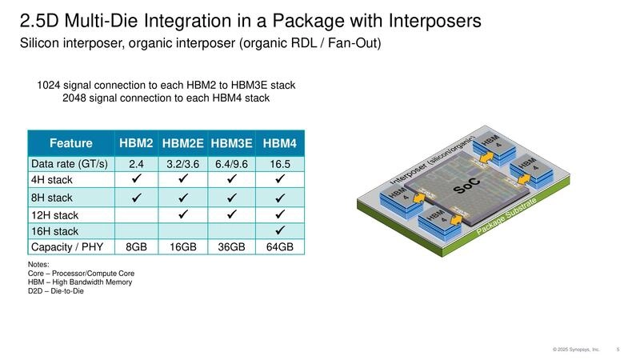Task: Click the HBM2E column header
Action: pyautogui.click(x=183, y=144)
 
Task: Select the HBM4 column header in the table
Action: pyautogui.click(x=279, y=144)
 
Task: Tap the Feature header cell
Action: pyautogui.click(x=70, y=144)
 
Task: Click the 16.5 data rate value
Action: pyautogui.click(x=279, y=164)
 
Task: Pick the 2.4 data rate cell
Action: pyautogui.click(x=137, y=164)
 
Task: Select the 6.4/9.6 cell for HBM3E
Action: pyautogui.click(x=231, y=164)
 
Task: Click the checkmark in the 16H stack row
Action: pyautogui.click(x=280, y=230)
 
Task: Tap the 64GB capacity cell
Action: pyautogui.click(x=279, y=246)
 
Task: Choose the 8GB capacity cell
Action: pyautogui.click(x=137, y=246)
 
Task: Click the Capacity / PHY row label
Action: pyautogui.click(x=66, y=246)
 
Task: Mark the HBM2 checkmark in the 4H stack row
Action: pyautogui.click(x=137, y=180)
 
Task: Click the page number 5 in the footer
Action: pyautogui.click(x=618, y=349)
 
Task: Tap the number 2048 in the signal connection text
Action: pyautogui.click(x=76, y=98)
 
